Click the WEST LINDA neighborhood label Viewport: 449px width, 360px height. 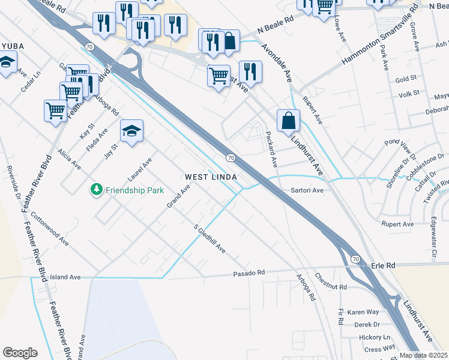(211, 177)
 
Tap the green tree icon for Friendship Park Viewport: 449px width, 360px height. (95, 190)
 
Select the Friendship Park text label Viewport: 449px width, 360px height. (134, 190)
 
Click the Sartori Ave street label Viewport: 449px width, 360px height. (307, 190)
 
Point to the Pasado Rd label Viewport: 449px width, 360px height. (249, 273)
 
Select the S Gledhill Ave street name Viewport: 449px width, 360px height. (209, 239)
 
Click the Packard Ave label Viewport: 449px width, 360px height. (271, 149)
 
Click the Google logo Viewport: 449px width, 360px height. (20, 353)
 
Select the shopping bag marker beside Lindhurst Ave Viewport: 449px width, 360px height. (288, 120)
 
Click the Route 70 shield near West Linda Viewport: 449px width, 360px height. (230, 157)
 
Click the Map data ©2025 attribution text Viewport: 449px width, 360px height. (424, 355)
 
